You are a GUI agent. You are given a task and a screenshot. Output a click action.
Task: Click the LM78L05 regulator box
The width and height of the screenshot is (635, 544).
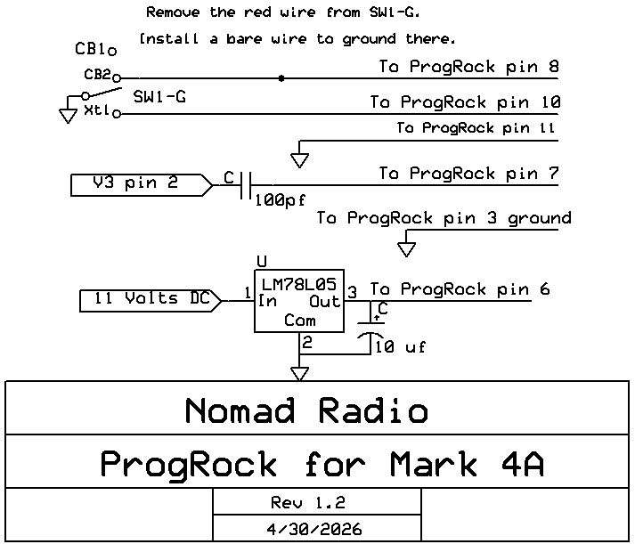[x=299, y=302]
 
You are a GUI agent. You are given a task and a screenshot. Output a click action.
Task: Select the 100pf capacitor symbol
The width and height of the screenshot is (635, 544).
[x=247, y=184]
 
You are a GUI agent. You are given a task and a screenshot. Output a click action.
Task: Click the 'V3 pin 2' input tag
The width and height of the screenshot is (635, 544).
[x=141, y=184]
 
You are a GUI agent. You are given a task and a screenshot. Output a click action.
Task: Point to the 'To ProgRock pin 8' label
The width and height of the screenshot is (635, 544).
[x=469, y=67]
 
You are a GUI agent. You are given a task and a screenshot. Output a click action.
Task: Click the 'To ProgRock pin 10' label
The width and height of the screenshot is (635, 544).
[x=464, y=102]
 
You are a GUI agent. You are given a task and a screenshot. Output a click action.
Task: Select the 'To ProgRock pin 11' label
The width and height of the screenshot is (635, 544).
[x=476, y=128]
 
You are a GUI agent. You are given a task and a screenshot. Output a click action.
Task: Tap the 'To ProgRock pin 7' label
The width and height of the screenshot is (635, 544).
[x=469, y=174]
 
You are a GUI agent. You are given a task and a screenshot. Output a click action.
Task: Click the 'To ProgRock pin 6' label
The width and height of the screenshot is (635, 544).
[x=460, y=289]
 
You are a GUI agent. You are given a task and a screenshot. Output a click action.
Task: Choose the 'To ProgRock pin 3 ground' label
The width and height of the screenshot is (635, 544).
[x=444, y=218]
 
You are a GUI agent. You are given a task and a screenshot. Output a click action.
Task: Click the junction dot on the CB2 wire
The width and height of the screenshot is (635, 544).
[x=282, y=78]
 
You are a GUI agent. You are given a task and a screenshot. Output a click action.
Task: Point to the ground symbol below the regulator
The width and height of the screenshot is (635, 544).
[x=300, y=372]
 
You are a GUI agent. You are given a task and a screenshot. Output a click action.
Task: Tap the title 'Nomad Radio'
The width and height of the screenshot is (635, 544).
[x=306, y=411]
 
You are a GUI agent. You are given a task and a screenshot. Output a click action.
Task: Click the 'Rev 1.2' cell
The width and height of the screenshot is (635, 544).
[x=316, y=501]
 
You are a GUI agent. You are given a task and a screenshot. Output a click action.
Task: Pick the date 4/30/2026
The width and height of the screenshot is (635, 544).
[x=315, y=528]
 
